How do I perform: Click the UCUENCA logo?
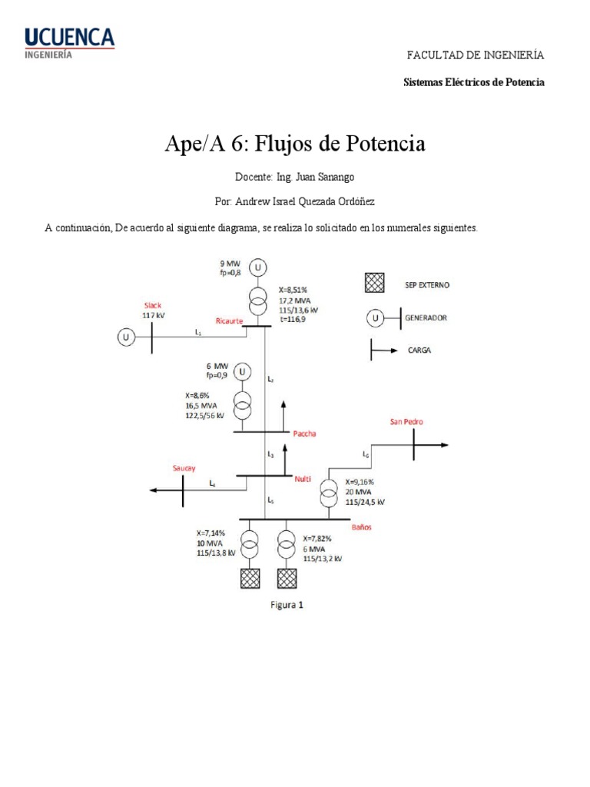tap(69, 43)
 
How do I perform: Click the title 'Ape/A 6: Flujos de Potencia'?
tap(295, 144)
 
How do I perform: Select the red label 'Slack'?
tap(153, 305)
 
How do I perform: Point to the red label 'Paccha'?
tap(305, 433)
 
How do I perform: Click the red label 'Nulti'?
tap(303, 479)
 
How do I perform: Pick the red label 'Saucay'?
tap(184, 467)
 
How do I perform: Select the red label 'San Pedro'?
tap(406, 421)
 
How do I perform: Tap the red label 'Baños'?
tap(362, 527)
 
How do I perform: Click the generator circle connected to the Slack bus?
tap(124, 337)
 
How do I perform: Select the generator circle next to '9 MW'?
tap(259, 267)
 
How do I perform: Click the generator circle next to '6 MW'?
tap(243, 372)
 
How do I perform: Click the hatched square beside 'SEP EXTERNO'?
tap(374, 284)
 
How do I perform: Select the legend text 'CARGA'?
tap(419, 350)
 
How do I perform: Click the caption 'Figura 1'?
tap(287, 604)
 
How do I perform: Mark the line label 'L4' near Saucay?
tap(213, 483)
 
